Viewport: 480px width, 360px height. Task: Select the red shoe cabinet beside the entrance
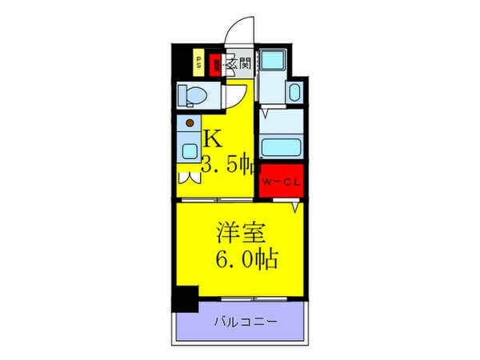tap(214, 64)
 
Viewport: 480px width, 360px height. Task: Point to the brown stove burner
tap(189, 123)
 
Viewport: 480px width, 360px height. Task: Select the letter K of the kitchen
tap(211, 138)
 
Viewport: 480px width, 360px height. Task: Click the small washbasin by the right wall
tap(294, 92)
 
